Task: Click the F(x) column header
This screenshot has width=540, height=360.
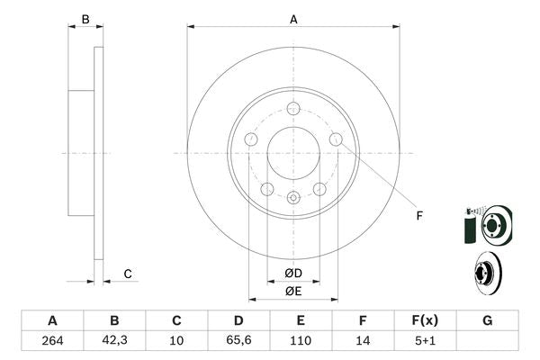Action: [425, 320]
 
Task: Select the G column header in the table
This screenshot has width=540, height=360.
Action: [487, 320]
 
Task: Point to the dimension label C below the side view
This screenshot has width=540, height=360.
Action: [128, 274]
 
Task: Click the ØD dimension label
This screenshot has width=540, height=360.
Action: [293, 273]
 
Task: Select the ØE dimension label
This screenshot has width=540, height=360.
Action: [293, 291]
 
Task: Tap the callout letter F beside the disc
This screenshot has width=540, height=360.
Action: [418, 215]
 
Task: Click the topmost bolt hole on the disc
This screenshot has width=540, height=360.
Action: [293, 109]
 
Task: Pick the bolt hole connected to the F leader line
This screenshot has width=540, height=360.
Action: [336, 139]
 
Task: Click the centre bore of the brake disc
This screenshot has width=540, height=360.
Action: [293, 153]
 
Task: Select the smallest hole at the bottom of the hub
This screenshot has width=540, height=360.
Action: [293, 198]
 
